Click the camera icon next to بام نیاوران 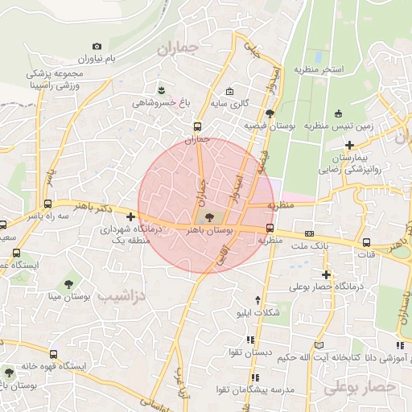point(97,47)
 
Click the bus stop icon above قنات point(367,241)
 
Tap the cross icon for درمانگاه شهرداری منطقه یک point(131,216)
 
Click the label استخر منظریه point(322,70)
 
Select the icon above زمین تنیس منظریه point(338,113)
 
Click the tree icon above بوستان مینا point(68,283)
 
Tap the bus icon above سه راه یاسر point(48,204)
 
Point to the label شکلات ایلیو point(255,312)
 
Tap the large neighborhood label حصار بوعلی point(362,388)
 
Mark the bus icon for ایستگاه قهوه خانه point(54,354)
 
